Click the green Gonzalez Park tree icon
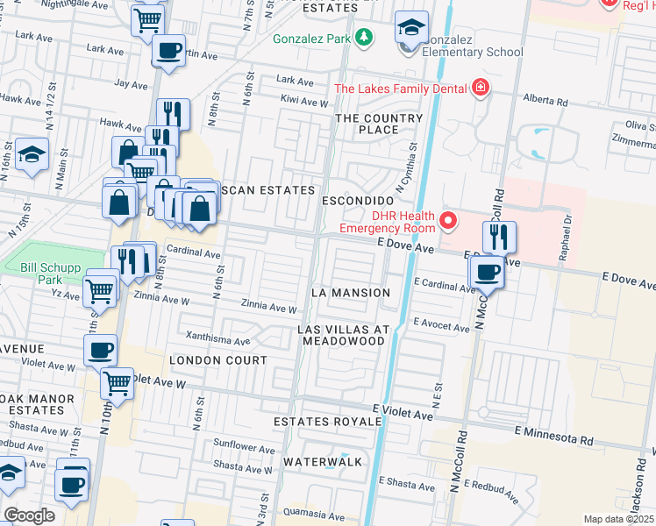click(361, 39)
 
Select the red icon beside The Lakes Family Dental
click(480, 87)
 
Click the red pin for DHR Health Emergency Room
click(448, 220)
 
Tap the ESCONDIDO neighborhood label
click(355, 200)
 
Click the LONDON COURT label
click(217, 360)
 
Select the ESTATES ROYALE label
click(327, 422)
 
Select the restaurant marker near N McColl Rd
click(498, 236)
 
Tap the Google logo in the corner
click(29, 515)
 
